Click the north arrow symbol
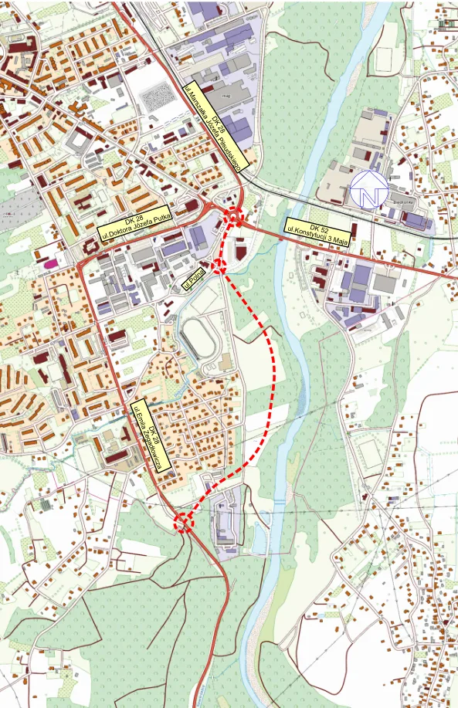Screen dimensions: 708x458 368,188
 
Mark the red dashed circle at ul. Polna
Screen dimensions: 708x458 219,267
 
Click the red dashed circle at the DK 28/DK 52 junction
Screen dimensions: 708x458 234,217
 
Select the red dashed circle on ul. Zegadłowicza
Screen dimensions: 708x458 183,523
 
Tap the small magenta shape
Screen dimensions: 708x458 52,263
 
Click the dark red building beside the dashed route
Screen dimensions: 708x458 240,252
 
